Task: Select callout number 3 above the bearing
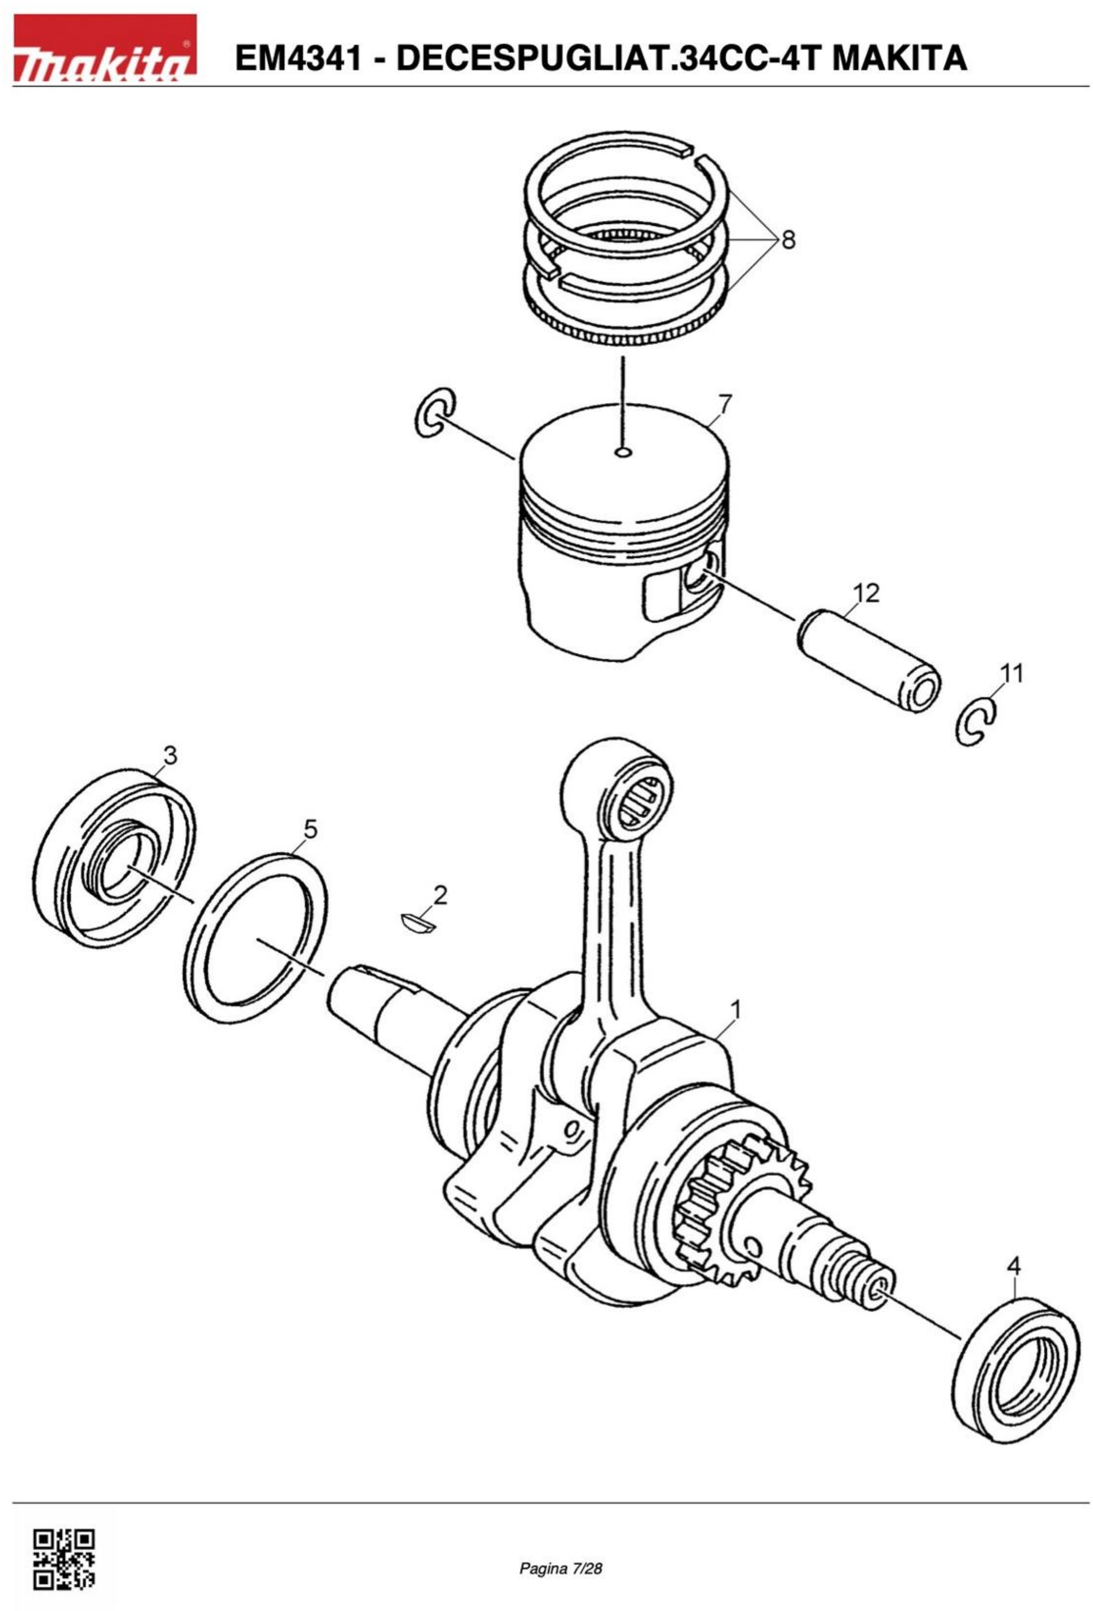170,754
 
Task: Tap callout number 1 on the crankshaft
735,1009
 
